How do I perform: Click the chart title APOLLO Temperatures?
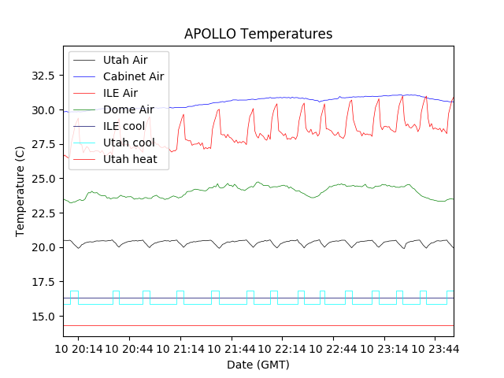(x=258, y=34)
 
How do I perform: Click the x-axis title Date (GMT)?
(x=258, y=365)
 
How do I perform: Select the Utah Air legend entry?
(x=125, y=60)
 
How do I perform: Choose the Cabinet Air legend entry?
(x=133, y=76)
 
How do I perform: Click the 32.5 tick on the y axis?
(x=43, y=76)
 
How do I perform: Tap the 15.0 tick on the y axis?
(x=43, y=317)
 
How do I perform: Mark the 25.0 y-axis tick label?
(x=43, y=179)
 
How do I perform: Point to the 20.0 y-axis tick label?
(x=43, y=247)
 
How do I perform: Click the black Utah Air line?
(x=236, y=241)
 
